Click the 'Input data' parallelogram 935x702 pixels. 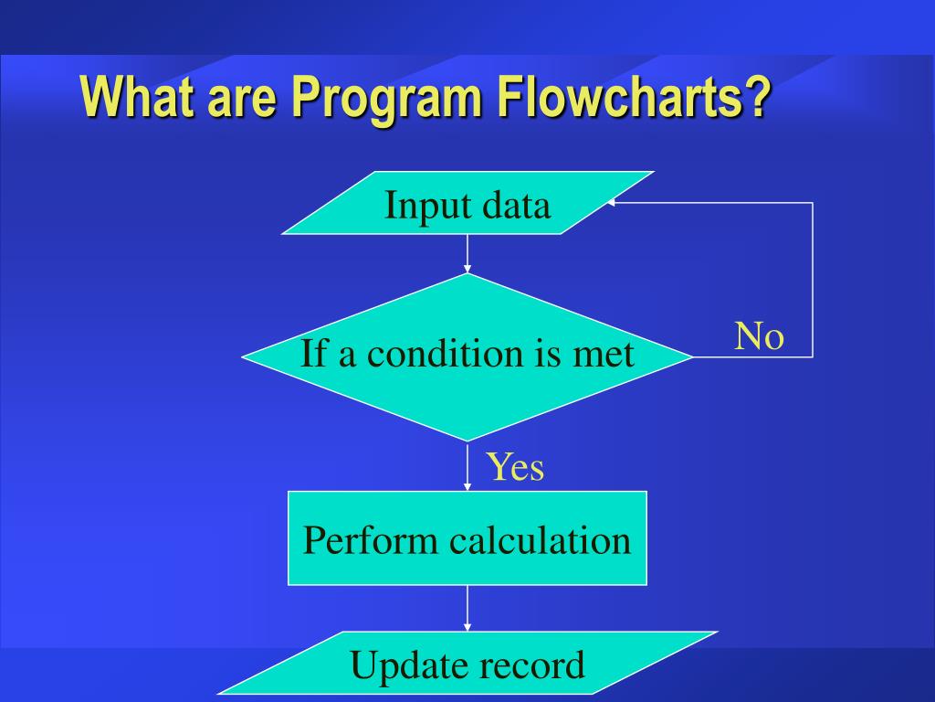click(x=467, y=202)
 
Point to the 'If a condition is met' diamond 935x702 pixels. click(x=467, y=357)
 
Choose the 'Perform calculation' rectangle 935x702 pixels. click(x=467, y=537)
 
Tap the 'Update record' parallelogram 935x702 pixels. click(x=467, y=664)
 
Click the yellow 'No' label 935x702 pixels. click(x=759, y=336)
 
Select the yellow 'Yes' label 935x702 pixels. click(x=515, y=466)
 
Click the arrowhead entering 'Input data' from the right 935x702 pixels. click(x=610, y=203)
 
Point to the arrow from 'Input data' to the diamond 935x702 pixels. click(x=467, y=254)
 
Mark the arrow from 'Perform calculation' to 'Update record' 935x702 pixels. click(x=467, y=608)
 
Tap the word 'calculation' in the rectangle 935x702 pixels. click(x=540, y=540)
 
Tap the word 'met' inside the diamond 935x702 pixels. click(x=604, y=355)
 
